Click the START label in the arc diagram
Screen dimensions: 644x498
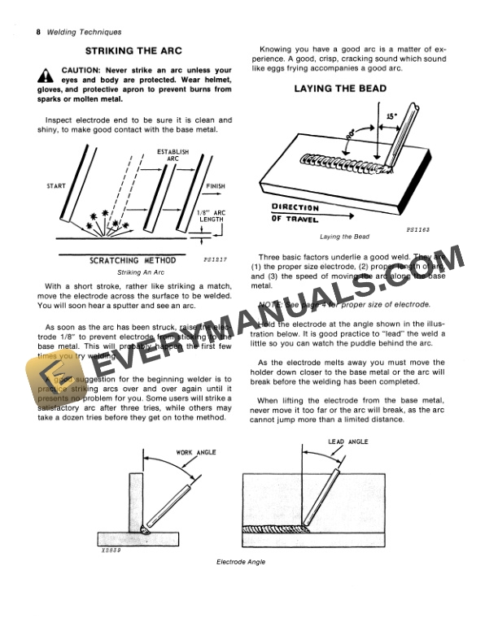[52, 186]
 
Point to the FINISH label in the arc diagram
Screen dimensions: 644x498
[216, 186]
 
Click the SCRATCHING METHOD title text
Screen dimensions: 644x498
[132, 261]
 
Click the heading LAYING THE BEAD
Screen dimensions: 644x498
[340, 89]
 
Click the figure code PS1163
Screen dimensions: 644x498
[417, 230]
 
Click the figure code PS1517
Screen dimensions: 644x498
[215, 262]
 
